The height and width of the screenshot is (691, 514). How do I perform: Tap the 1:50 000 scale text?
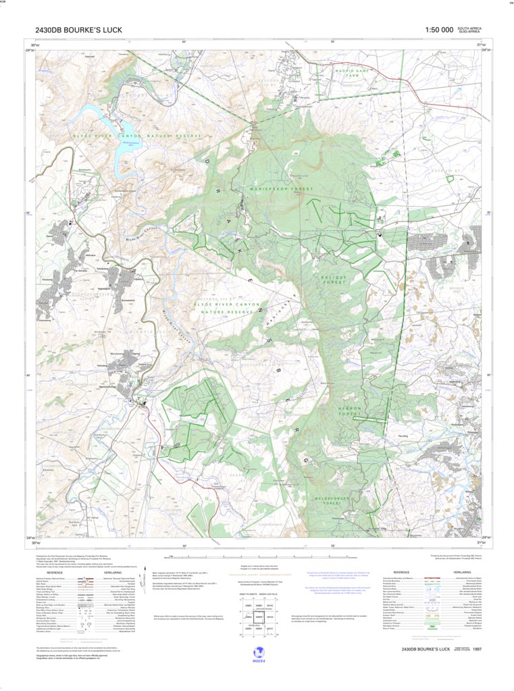438,30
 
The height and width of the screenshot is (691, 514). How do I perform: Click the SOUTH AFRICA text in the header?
469,28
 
